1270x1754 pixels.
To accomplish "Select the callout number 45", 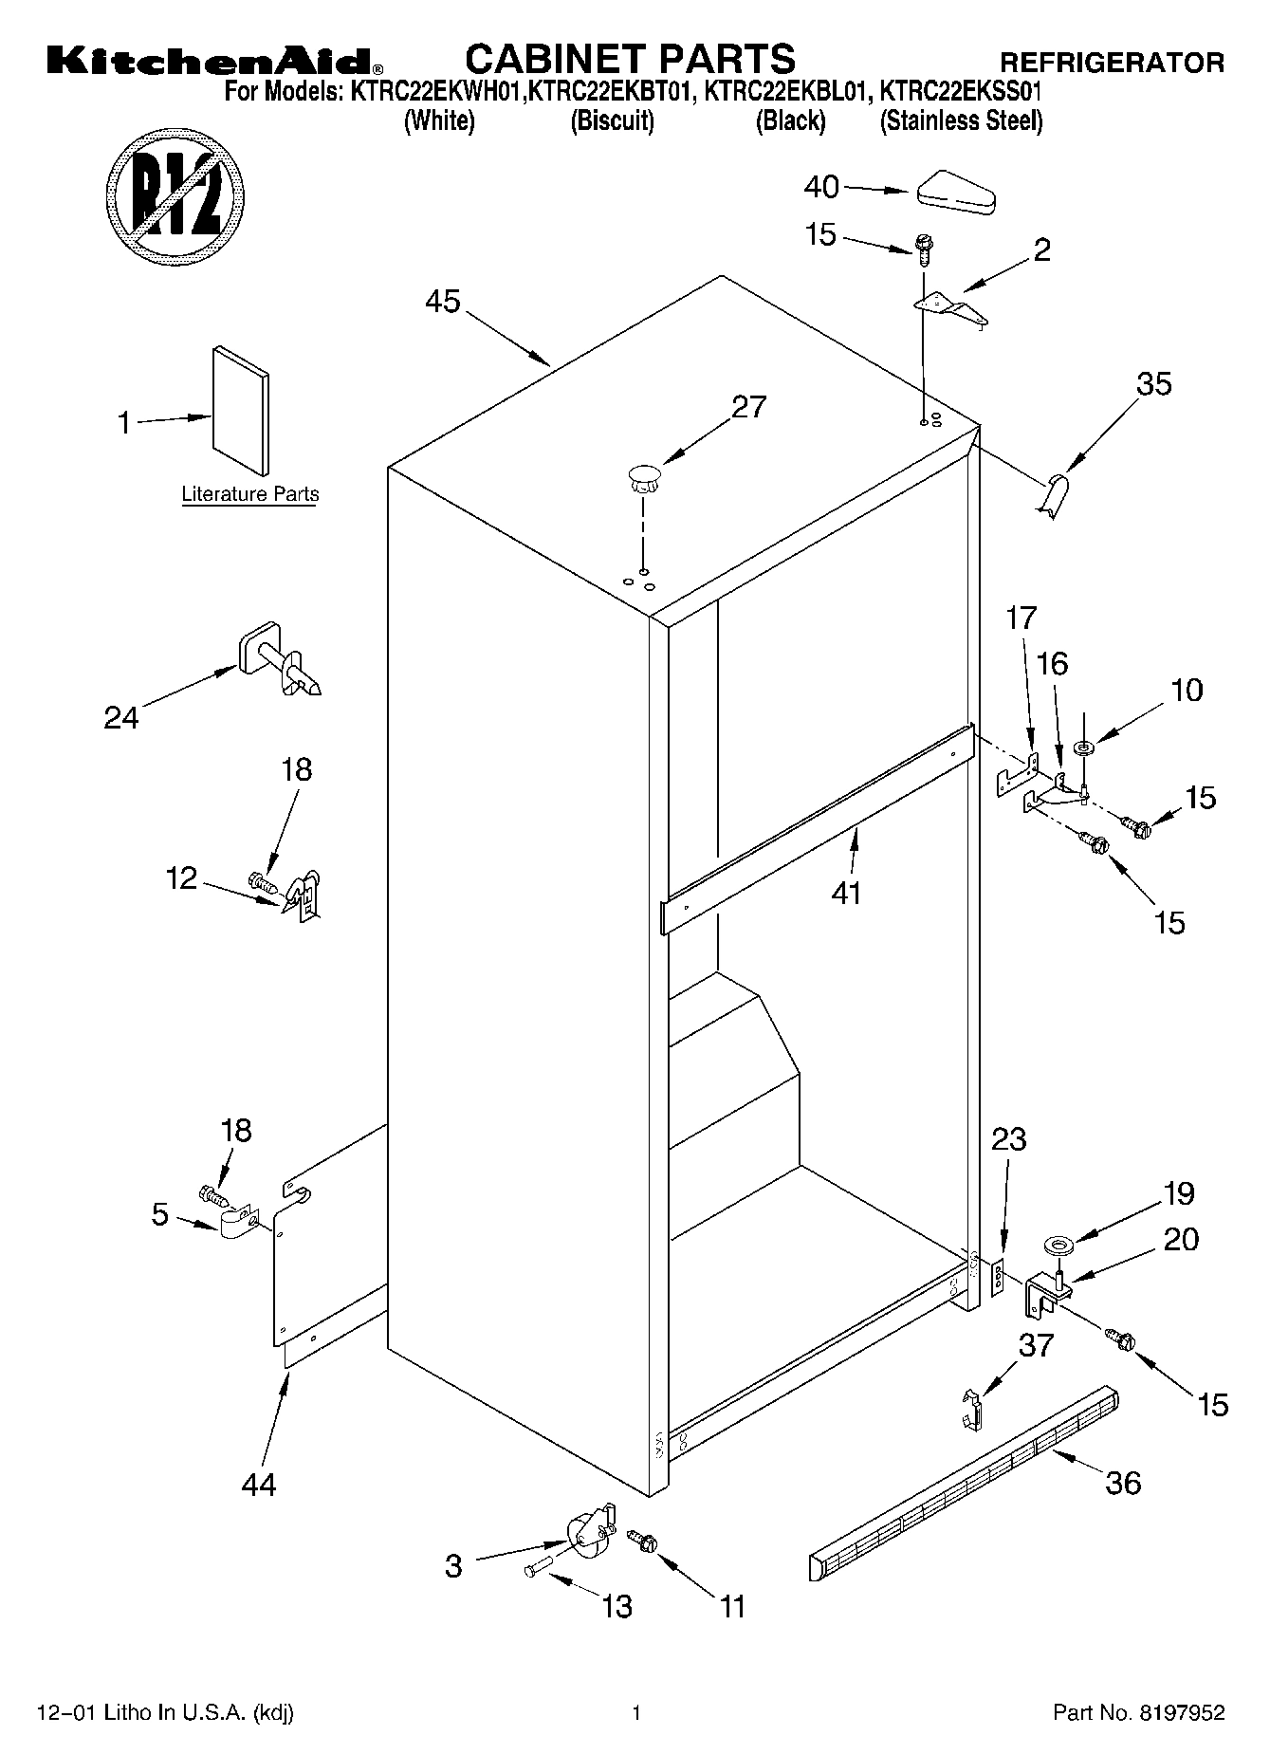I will [442, 302].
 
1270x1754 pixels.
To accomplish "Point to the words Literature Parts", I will [249, 494].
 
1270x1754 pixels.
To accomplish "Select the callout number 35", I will [1153, 384].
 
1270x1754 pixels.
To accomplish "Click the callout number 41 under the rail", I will [846, 893].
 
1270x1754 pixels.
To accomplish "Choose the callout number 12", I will [181, 878].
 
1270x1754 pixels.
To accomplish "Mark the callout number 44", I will [258, 1484].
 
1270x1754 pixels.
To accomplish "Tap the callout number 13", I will [617, 1606].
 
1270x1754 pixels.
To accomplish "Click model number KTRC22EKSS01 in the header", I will [961, 93].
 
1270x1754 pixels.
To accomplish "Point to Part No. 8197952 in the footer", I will [1138, 1713].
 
